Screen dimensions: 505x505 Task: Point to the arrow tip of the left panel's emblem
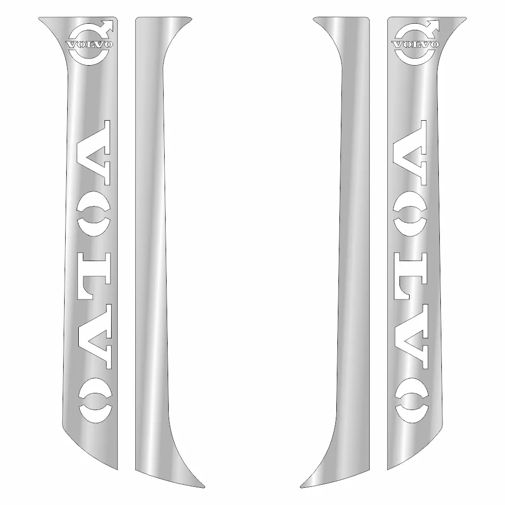(x=113, y=21)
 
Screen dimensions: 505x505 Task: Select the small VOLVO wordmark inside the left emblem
(x=89, y=44)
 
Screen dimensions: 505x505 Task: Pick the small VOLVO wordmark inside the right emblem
(x=416, y=44)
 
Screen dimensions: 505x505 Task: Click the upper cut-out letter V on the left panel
(x=93, y=153)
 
